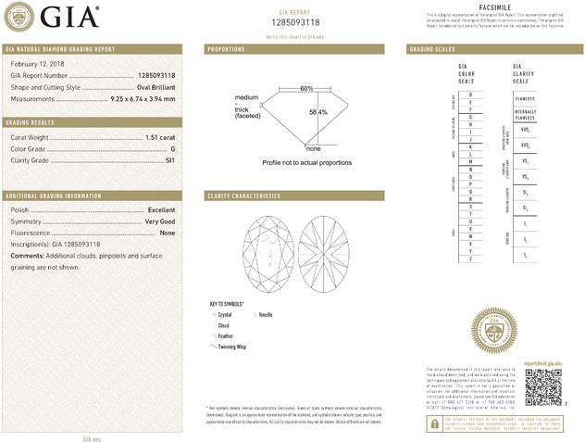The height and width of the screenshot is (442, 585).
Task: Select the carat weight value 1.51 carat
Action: click(160, 137)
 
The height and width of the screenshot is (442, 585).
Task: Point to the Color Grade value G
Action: click(172, 148)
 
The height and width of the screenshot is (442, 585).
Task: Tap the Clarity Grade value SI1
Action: click(169, 159)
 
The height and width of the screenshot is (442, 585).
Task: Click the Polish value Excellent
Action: click(161, 210)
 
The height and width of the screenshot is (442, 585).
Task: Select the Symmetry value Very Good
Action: click(159, 221)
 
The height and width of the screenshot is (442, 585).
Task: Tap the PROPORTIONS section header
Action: click(227, 48)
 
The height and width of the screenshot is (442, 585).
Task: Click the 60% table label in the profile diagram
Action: click(306, 88)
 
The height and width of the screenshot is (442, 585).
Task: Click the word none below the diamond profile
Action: click(313, 148)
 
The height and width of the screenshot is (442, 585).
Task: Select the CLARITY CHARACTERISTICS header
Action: click(244, 196)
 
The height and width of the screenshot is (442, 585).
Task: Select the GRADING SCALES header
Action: click(432, 48)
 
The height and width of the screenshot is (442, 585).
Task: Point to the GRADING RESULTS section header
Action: click(30, 122)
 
